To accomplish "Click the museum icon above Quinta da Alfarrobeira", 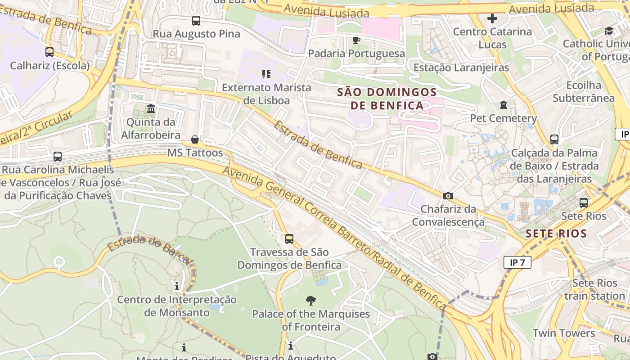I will [x=151, y=109].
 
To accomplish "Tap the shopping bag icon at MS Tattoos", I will [x=195, y=139].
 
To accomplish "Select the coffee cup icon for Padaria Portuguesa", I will [x=356, y=40].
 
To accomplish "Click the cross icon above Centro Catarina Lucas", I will [x=492, y=18].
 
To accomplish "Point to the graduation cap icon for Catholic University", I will [x=609, y=31].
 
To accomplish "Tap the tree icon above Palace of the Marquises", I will [x=310, y=301].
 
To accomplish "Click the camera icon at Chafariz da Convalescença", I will [x=448, y=196].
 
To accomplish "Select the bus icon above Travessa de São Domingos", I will [x=289, y=239].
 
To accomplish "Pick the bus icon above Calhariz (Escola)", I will [x=49, y=52].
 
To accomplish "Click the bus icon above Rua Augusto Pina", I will [x=196, y=20].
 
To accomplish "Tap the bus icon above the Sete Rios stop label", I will [x=584, y=203].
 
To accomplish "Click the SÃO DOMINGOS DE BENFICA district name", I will [x=387, y=99].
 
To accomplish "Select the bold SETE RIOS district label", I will [x=556, y=234].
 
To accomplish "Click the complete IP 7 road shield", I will [x=517, y=262].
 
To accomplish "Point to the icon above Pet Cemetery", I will [x=503, y=105].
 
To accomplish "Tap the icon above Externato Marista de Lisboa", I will [x=266, y=74].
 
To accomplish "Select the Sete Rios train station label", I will [x=594, y=289].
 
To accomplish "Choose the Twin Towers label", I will [x=564, y=333].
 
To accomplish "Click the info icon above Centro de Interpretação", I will [x=177, y=287].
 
